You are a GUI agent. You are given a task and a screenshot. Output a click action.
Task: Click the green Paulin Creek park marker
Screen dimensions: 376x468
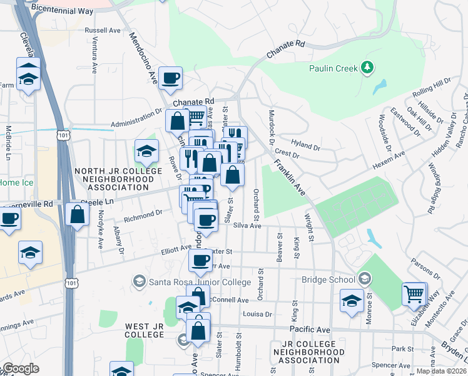pos(368,67)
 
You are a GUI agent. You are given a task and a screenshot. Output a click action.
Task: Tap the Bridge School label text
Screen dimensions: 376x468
pos(327,279)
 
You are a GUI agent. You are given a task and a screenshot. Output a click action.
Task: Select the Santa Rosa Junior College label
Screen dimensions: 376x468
pos(200,282)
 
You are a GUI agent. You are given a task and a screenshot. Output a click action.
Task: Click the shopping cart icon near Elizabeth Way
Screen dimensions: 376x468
pos(414,293)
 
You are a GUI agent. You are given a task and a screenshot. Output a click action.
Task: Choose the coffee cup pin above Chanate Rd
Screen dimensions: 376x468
pos(171,78)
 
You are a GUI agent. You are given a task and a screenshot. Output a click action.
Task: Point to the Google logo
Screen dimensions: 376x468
pos(21,368)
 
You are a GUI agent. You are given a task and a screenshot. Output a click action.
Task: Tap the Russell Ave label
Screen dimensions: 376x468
pos(102,29)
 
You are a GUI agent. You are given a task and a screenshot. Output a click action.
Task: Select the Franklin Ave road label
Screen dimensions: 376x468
pos(288,177)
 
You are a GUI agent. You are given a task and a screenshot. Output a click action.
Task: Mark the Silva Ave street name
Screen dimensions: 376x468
pos(246,226)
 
